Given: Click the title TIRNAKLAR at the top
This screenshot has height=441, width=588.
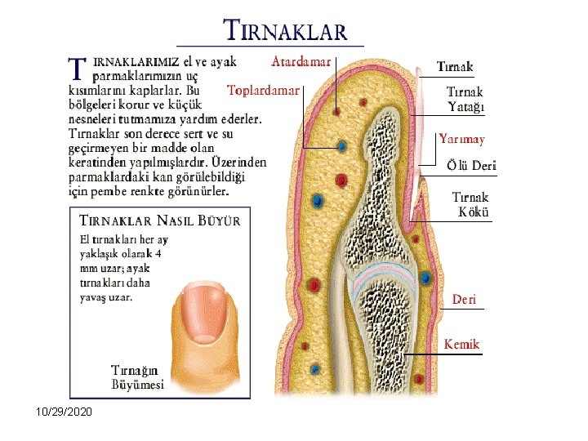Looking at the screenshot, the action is pos(285,31).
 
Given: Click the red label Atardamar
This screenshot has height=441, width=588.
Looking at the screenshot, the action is pos(301,61).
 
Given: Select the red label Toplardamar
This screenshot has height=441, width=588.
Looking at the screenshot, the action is pos(263,90).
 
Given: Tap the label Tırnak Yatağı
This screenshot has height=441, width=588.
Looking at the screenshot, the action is pos(465,99).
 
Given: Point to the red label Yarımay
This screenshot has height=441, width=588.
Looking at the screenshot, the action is pos(461,139).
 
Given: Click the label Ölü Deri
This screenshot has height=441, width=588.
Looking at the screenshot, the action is pos(471,166).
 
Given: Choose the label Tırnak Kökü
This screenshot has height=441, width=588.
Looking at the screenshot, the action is pos(470,205).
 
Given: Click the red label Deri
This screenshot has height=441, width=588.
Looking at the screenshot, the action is pos(464,300).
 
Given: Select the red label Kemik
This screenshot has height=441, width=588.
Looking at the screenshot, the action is pos(461,344).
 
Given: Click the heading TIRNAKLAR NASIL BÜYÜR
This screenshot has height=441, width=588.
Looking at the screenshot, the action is pos(159,220).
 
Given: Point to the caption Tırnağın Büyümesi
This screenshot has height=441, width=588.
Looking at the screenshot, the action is pos(138,377).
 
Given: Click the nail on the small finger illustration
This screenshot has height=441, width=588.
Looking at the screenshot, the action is pos(203,310).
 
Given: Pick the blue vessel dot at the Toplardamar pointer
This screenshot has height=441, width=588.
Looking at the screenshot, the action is pos(341,147).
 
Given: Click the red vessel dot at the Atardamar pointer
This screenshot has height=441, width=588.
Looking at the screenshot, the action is pos(335,112).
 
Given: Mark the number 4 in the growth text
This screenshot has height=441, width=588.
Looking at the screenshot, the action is pos(158,253).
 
